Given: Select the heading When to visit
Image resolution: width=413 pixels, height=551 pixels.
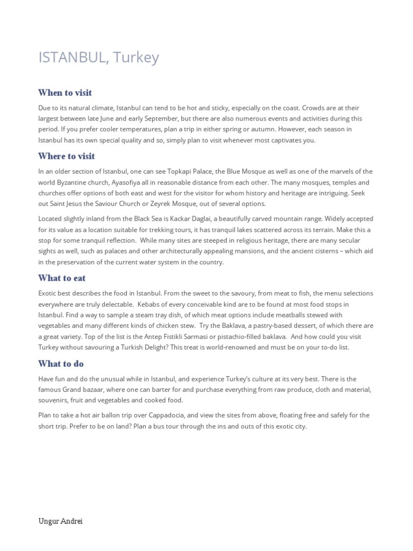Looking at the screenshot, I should tap(65, 93).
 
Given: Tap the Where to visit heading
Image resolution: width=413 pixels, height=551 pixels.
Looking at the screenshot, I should tap(67, 156).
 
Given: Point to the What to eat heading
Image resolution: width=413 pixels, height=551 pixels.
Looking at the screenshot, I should tap(62, 278).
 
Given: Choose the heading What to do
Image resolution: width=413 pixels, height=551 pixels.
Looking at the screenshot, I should tap(61, 364).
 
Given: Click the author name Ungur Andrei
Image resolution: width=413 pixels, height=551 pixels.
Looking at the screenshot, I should tap(60, 521).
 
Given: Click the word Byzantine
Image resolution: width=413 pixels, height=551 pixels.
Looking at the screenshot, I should tap(73, 182).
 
